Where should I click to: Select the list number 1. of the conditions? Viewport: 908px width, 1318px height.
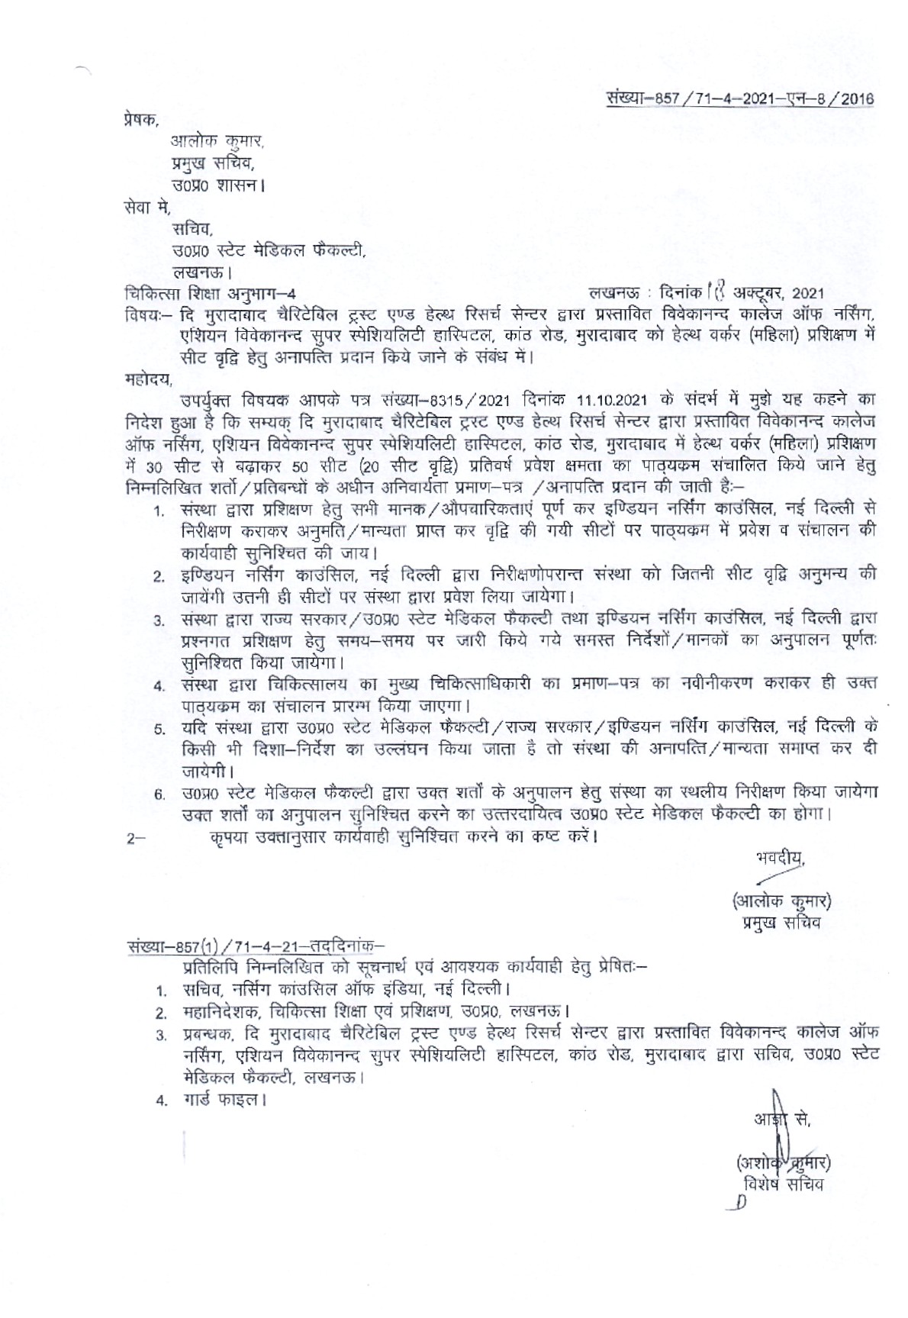point(158,510)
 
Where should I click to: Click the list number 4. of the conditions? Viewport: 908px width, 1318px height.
point(158,685)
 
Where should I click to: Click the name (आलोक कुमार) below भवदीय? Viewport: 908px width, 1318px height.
point(781,901)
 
